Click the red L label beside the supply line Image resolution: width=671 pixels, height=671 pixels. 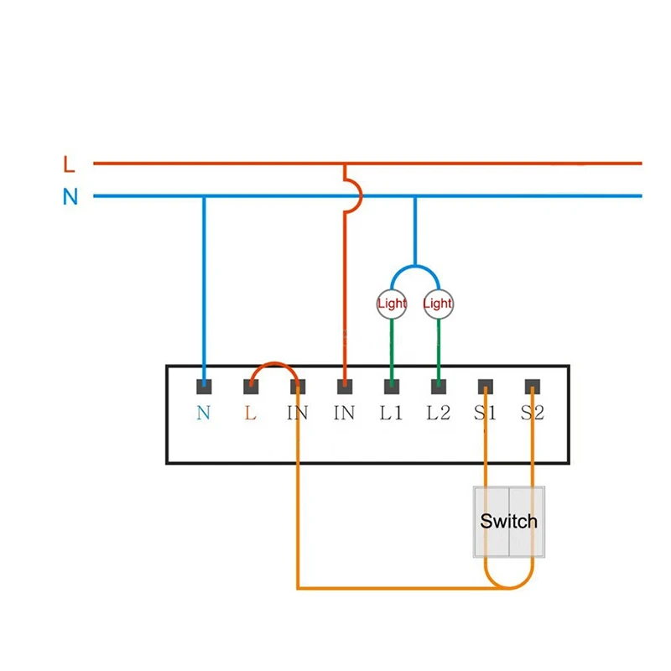[x=69, y=164]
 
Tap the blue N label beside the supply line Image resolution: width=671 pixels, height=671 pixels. [x=70, y=197]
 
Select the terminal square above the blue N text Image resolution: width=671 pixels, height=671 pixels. [x=204, y=387]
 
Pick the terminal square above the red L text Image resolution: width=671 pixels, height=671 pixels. [x=250, y=387]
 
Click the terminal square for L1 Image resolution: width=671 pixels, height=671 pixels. [x=391, y=387]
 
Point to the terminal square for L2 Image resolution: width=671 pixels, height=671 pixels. [x=438, y=387]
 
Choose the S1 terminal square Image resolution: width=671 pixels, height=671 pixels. [x=485, y=387]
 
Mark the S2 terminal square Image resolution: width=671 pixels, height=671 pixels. [x=532, y=387]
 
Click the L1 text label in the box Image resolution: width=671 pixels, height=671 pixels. [x=391, y=414]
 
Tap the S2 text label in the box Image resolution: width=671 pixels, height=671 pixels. [x=532, y=414]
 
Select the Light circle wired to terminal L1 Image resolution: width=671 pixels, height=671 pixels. [x=392, y=304]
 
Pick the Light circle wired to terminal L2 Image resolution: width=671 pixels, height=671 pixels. [x=438, y=304]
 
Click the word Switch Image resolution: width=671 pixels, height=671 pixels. [x=508, y=521]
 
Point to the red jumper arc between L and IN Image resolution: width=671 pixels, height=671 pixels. [x=273, y=365]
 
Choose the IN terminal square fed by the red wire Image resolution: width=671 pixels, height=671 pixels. [x=344, y=387]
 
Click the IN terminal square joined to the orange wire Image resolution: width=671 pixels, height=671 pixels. [x=297, y=387]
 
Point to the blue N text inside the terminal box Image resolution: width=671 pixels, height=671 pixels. [x=204, y=414]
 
